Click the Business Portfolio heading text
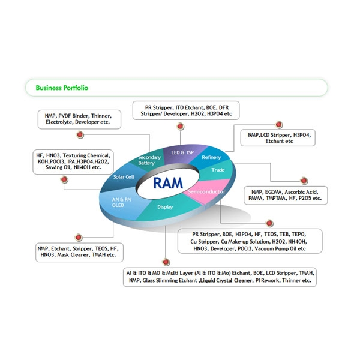(x=62, y=88)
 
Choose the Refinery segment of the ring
(x=211, y=157)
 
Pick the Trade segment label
(x=217, y=170)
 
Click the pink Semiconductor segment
(x=206, y=192)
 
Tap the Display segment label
(x=165, y=208)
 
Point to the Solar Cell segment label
(x=124, y=177)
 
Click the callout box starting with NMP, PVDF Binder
(x=79, y=118)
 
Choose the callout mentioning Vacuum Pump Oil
(x=248, y=241)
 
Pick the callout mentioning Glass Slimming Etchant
(x=220, y=277)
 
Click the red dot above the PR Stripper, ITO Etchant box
(x=179, y=125)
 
